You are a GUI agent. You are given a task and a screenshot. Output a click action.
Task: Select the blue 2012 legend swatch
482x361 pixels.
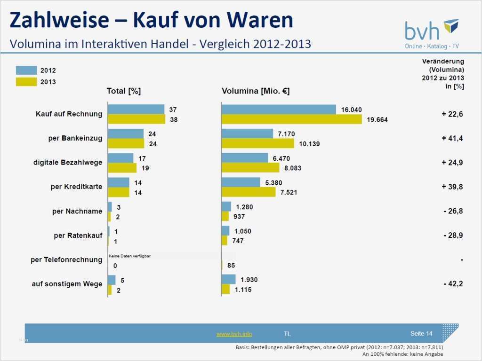[x=26, y=70]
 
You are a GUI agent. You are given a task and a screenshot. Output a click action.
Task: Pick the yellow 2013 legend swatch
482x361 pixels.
[x=26, y=82]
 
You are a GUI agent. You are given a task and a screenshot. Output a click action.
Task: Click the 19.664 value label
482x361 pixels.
[x=378, y=120]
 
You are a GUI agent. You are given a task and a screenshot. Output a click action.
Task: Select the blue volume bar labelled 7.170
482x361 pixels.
[x=248, y=133]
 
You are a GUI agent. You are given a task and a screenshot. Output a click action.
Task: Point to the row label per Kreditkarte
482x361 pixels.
[x=76, y=187]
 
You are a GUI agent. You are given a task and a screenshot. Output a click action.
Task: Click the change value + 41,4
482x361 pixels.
[x=452, y=138]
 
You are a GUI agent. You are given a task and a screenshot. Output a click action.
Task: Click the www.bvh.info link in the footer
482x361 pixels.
[x=234, y=334]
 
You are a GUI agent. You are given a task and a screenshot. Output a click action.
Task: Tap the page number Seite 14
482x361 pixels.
[x=421, y=334]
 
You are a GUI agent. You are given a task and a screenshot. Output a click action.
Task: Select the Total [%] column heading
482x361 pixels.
[x=124, y=91]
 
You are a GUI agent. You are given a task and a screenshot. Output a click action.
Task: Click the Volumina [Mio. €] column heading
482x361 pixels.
[x=256, y=91]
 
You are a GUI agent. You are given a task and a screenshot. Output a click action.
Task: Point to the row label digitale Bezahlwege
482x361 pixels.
[x=68, y=162]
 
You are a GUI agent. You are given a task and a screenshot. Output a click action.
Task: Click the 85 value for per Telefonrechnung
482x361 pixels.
[x=231, y=266]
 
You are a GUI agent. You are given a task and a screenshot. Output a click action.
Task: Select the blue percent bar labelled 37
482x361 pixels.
[x=136, y=110]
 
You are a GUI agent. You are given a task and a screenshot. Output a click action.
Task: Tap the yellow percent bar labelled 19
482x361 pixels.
[x=122, y=168]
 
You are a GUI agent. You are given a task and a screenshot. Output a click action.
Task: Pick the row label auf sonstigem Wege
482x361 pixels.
[x=67, y=284]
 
